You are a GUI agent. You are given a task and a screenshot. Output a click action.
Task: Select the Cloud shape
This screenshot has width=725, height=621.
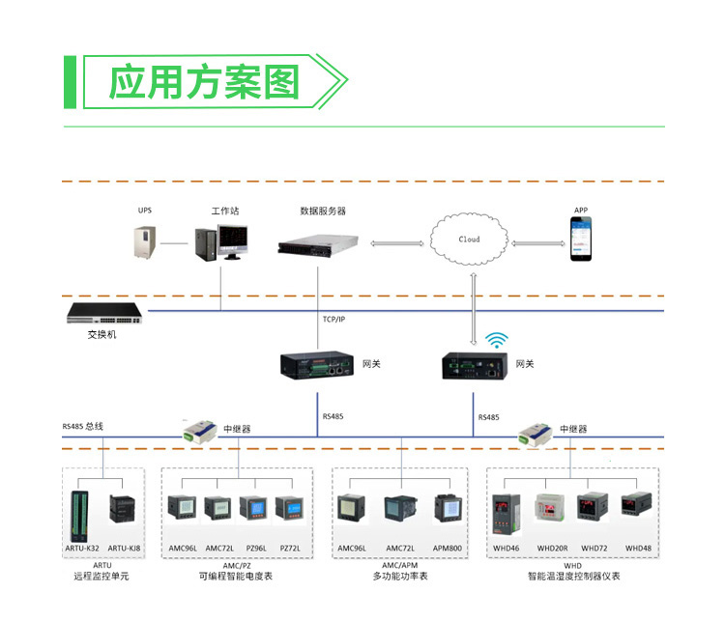[x=470, y=239]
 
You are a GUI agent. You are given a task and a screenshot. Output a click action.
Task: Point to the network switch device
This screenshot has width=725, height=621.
[x=104, y=313]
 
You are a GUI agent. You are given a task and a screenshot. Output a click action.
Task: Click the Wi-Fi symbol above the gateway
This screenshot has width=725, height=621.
[x=497, y=340]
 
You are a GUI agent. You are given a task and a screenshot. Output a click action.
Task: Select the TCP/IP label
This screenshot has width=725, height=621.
[x=333, y=318]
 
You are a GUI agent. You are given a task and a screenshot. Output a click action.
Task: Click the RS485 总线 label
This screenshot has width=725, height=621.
[x=83, y=426]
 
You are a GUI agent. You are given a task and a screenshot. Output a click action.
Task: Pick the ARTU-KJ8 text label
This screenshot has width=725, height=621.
[x=123, y=549]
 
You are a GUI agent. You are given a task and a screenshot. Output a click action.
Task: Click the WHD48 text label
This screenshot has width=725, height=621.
[x=638, y=549]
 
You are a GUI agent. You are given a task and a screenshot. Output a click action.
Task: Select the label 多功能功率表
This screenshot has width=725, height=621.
[x=400, y=577]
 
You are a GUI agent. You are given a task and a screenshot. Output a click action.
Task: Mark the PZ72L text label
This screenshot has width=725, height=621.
[x=290, y=549]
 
